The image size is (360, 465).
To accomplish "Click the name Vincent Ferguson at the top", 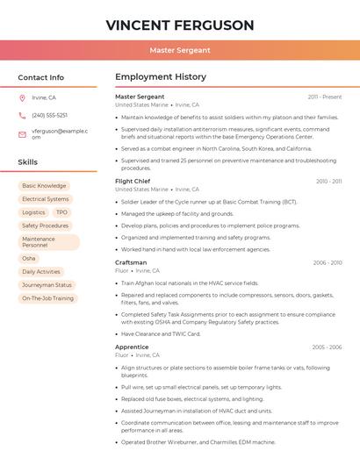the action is pyautogui.click(x=179, y=25).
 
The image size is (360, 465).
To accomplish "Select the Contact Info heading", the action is pyautogui.click(x=41, y=77).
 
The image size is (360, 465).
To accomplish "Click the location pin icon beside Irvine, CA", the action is pyautogui.click(x=22, y=97).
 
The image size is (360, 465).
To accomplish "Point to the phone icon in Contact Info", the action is pyautogui.click(x=22, y=115).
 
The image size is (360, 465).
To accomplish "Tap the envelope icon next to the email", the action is pyautogui.click(x=22, y=134).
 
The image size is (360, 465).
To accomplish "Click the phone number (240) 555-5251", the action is pyautogui.click(x=49, y=115).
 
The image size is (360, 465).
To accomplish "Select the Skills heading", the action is pyautogui.click(x=28, y=162).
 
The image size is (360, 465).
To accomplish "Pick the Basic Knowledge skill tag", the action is pyautogui.click(x=44, y=186).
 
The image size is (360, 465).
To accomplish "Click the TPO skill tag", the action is pyautogui.click(x=61, y=212).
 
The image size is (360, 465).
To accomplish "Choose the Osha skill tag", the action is pyautogui.click(x=29, y=259).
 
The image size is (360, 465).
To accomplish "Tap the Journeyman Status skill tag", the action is pyautogui.click(x=47, y=285).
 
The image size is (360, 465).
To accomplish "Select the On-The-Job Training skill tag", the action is pyautogui.click(x=47, y=298).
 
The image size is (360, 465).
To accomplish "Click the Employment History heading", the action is pyautogui.click(x=161, y=77).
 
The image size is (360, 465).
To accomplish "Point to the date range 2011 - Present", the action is pyautogui.click(x=325, y=97).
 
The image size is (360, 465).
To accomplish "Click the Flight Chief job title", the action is pyautogui.click(x=133, y=181).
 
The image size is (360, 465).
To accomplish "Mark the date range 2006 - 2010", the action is pyautogui.click(x=328, y=262).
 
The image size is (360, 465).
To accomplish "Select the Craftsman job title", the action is pyautogui.click(x=131, y=262).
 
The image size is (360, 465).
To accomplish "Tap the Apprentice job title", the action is pyautogui.click(x=132, y=347).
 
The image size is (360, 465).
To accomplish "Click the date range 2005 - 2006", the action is pyautogui.click(x=327, y=347).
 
